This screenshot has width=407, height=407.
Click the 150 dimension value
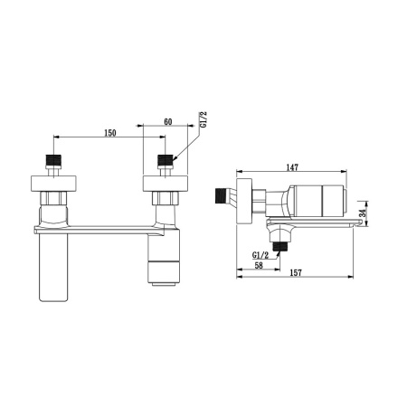click(110, 133)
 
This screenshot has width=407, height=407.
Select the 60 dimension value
click(168, 122)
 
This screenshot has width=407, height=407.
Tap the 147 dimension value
click(292, 167)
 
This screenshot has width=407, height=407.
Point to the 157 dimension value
click(296, 273)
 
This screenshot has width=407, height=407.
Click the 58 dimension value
click(259, 265)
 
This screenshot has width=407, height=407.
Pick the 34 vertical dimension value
click(364, 213)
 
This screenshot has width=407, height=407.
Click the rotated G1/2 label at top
click(203, 119)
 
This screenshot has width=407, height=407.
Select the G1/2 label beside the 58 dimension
click(260, 256)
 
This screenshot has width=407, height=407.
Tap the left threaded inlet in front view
click(53, 159)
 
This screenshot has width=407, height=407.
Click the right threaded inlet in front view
click(166, 159)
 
